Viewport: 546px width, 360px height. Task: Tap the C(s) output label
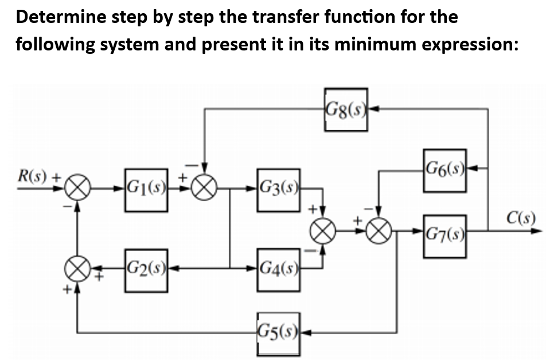point(521,218)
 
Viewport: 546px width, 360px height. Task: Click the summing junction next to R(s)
point(77,188)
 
